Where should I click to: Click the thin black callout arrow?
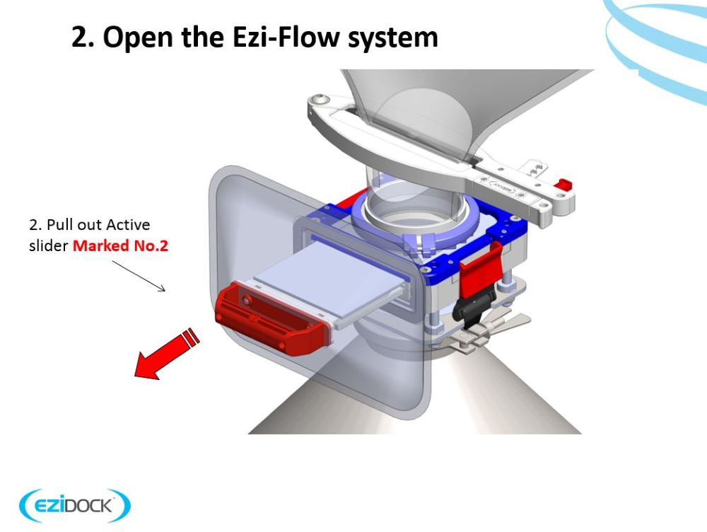(x=139, y=274)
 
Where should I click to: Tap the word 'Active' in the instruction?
(x=128, y=225)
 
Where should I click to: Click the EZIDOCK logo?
(x=75, y=506)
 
